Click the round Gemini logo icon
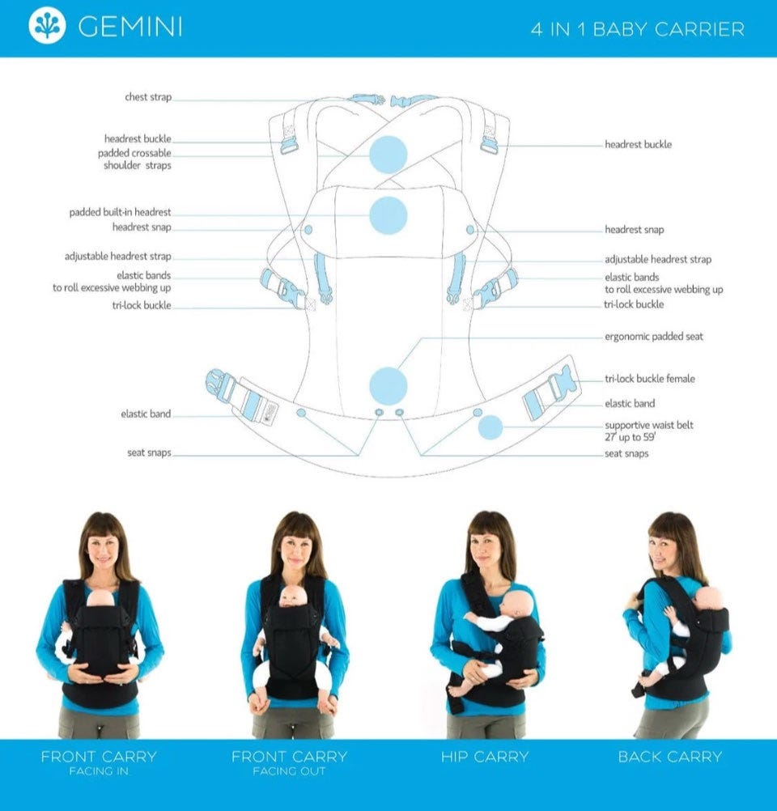click(x=47, y=25)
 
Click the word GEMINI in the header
click(x=130, y=27)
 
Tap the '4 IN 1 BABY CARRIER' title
click(x=638, y=29)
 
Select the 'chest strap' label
click(x=148, y=96)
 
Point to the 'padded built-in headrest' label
click(x=120, y=212)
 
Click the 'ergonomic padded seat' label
click(x=654, y=336)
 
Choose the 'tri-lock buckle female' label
click(x=650, y=379)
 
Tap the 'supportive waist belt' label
click(x=649, y=425)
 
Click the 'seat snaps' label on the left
click(x=149, y=452)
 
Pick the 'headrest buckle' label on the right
click(x=639, y=144)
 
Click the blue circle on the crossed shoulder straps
click(x=388, y=154)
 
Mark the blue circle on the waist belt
click(x=490, y=427)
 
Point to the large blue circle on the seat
click(x=388, y=386)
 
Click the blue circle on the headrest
click(x=388, y=215)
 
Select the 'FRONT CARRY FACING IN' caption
click(x=99, y=762)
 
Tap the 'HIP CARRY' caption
click(x=485, y=757)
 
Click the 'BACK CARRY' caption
click(x=670, y=757)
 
